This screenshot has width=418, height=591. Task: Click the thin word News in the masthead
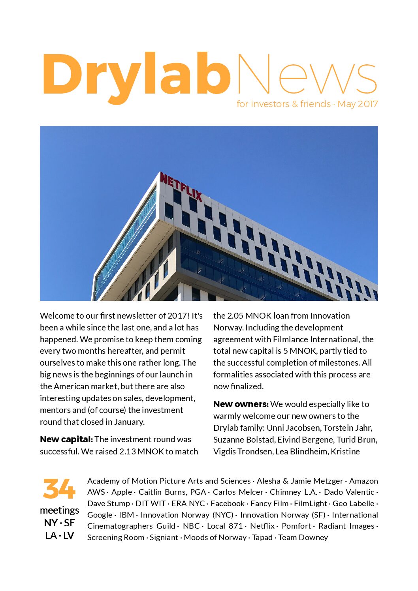[x=307, y=75]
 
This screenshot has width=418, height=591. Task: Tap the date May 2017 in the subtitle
[x=358, y=104]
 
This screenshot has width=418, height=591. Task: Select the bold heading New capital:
[x=66, y=439]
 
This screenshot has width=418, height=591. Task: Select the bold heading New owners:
[x=241, y=404]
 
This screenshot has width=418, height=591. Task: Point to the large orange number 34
[x=59, y=489]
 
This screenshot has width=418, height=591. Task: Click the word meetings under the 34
[x=59, y=510]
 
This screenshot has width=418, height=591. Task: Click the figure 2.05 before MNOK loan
[x=235, y=316]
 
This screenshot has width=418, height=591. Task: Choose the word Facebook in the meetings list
[x=228, y=503]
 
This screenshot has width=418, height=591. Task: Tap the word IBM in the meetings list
[x=126, y=515]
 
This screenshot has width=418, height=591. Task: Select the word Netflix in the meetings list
[x=262, y=526]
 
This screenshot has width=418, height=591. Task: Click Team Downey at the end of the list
[x=303, y=537]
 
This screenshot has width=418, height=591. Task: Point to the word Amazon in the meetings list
[x=363, y=481]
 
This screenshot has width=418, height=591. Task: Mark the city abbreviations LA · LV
[x=59, y=535]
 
